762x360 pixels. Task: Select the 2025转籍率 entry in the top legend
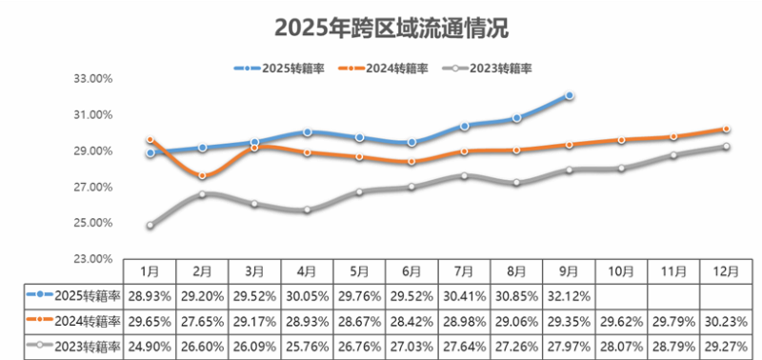coord(281,69)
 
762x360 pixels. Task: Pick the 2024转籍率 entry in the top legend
coord(386,69)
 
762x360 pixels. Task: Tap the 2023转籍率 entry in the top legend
coord(490,69)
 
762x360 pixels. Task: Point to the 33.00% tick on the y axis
coord(93,79)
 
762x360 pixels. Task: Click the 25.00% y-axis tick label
coord(93,223)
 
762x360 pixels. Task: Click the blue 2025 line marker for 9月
coord(569,95)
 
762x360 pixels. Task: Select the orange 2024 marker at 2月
coord(202,175)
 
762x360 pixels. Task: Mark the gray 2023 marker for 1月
coord(150,226)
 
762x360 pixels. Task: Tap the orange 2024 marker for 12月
coord(726,129)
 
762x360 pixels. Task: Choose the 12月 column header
coord(726,271)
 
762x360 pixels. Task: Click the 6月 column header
coord(411,271)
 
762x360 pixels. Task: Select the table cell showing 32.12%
coord(569,296)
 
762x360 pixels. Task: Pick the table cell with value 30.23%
coord(726,321)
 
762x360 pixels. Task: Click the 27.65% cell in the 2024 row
coord(202,321)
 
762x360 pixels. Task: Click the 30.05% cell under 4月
coord(307,296)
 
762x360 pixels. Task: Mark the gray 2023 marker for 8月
coord(516,183)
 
